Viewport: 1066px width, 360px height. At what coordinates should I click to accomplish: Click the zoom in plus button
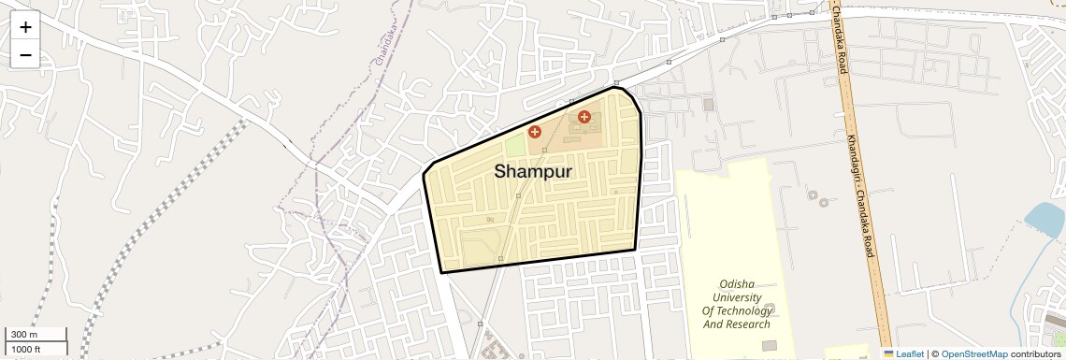(25, 27)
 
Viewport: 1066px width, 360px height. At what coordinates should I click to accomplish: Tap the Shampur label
(532, 172)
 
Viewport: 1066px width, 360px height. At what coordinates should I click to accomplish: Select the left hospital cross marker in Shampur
(535, 133)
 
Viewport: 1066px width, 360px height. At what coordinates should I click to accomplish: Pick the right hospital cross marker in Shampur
(584, 117)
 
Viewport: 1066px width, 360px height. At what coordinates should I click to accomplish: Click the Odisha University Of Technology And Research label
(737, 304)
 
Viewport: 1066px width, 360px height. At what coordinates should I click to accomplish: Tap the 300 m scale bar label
(24, 335)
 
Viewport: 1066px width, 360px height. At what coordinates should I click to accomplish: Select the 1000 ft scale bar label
(26, 349)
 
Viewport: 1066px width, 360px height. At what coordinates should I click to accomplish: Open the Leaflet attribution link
(910, 353)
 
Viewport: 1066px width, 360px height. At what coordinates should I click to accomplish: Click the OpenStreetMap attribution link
(973, 353)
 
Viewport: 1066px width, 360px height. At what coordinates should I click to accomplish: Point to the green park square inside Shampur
(515, 147)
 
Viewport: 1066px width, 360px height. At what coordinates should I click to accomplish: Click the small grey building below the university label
(769, 345)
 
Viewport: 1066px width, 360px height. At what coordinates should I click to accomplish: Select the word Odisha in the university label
(737, 284)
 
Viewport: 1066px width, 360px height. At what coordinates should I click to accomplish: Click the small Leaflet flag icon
(888, 353)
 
